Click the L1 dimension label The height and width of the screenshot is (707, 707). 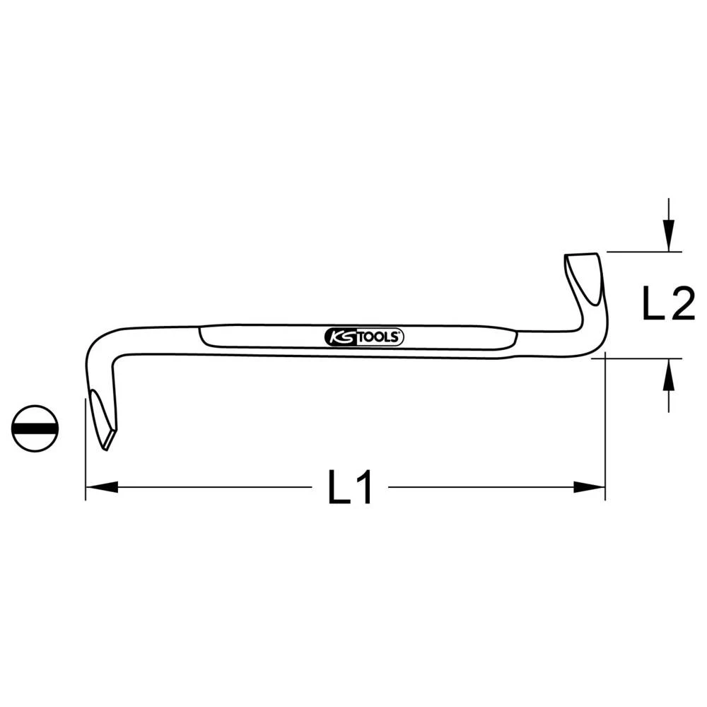(x=350, y=488)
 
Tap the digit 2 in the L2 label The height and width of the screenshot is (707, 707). (x=681, y=305)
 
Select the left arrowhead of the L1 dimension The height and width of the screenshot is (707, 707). (x=100, y=487)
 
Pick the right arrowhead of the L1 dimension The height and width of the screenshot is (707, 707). (x=590, y=487)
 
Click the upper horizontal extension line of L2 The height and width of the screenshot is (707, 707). (x=643, y=252)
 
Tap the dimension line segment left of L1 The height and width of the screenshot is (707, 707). (x=212, y=487)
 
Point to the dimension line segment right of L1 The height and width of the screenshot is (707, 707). (x=481, y=487)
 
